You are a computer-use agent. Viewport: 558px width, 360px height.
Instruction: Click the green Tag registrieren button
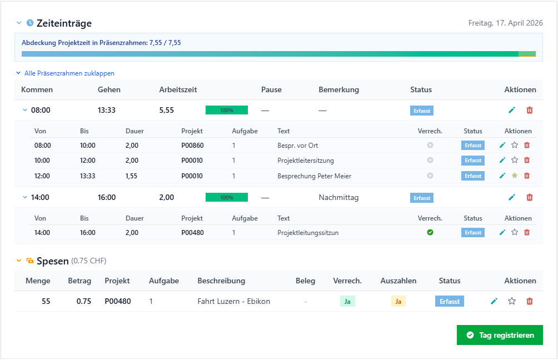(x=500, y=335)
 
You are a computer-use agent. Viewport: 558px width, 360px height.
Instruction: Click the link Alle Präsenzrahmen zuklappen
(x=69, y=73)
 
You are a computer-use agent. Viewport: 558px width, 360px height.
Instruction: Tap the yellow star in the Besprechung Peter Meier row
(x=515, y=176)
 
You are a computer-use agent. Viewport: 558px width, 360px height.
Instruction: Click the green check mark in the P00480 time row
(x=430, y=232)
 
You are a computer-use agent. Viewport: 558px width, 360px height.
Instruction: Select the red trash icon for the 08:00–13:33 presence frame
(x=530, y=110)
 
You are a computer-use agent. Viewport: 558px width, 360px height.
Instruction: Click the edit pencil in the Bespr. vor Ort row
(x=502, y=145)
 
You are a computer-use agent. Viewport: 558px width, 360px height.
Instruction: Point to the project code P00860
(x=192, y=146)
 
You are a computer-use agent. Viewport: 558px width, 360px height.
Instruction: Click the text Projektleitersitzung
(x=306, y=161)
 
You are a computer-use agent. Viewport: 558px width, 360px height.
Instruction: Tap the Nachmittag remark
(x=338, y=197)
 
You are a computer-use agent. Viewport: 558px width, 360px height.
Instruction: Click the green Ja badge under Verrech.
(x=347, y=301)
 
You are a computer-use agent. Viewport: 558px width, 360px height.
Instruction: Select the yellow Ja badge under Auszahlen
(x=398, y=301)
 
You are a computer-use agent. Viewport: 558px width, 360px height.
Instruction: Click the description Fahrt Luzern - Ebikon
(x=234, y=301)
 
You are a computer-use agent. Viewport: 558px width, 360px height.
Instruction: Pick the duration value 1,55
(x=131, y=176)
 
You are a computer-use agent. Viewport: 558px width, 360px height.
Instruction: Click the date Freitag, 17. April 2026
(x=505, y=23)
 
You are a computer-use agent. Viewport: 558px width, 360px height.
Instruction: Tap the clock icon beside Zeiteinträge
(x=30, y=23)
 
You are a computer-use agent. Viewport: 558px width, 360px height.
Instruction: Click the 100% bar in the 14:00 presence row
(x=227, y=197)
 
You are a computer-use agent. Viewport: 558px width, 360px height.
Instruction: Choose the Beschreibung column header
(x=221, y=281)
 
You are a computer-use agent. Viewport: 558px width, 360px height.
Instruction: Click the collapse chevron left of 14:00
(x=25, y=197)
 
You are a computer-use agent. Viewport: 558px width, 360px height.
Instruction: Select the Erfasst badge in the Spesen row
(x=450, y=301)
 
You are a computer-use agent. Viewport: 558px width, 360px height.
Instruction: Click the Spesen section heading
(x=53, y=261)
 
